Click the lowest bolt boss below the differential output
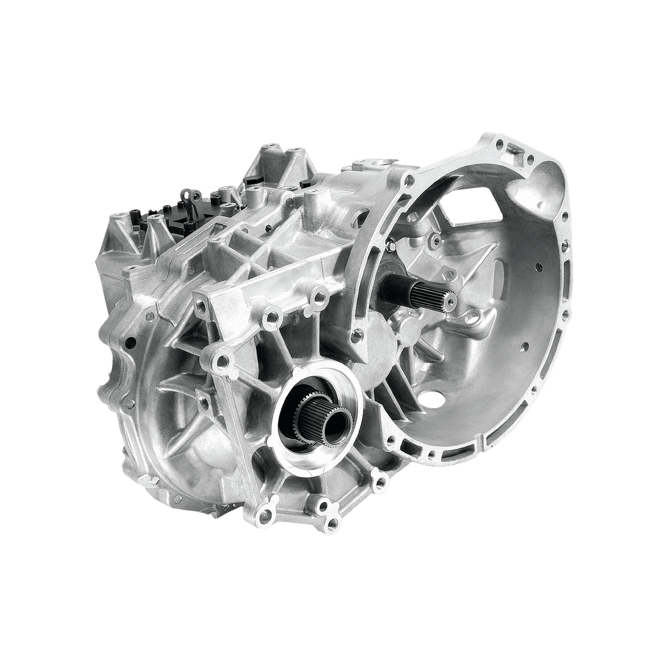pos(333,525)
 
